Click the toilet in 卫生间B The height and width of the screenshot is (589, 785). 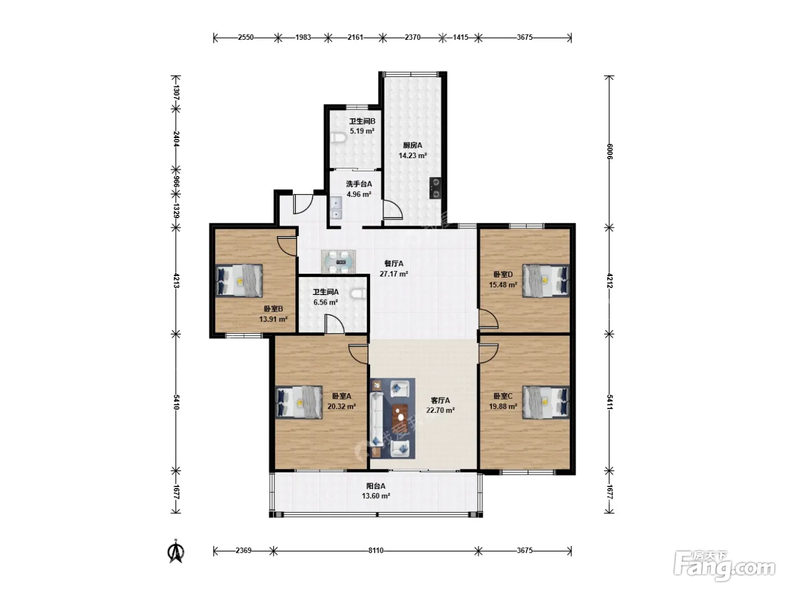338,137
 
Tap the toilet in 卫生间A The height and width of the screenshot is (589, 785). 357,293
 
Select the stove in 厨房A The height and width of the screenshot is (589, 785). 435,188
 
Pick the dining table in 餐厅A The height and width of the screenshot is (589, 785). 338,262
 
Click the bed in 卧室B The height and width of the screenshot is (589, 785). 239,280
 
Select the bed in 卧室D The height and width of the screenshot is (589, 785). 546,280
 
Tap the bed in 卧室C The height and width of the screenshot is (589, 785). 546,402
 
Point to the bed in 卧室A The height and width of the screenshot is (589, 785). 299,402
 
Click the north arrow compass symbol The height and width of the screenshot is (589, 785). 176,551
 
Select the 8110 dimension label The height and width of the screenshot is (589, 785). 376,550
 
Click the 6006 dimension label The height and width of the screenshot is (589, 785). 609,151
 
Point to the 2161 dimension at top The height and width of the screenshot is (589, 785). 355,37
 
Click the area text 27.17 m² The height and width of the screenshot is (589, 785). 394,274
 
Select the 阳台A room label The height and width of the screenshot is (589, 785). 376,486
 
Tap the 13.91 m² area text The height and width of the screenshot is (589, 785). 273,319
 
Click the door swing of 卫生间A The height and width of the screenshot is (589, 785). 335,324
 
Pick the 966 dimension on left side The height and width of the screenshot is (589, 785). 176,182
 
